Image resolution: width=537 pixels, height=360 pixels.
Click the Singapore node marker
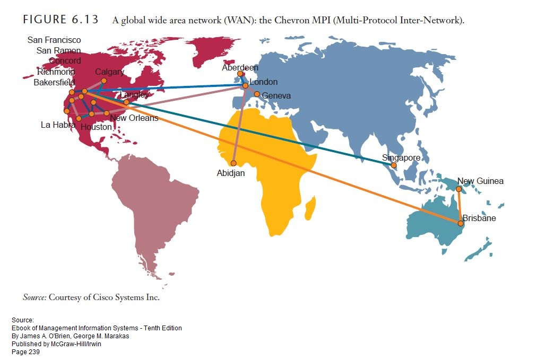point(394,165)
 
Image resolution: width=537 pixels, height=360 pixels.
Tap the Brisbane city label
point(479,218)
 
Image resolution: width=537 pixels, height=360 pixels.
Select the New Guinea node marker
point(458,189)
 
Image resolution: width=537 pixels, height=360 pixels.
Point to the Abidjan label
point(231,173)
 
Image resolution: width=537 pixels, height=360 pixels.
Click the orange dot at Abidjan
point(233,163)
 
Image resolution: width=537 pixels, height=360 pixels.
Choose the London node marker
point(245,85)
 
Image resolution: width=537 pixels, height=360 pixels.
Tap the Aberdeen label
point(240,68)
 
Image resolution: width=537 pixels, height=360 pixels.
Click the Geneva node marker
point(257,94)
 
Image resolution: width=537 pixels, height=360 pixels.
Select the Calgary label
point(110,72)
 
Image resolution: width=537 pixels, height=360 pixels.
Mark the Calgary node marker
point(104,81)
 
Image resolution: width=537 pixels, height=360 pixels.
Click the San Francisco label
point(54,40)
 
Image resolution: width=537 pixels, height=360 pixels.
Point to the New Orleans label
point(134,118)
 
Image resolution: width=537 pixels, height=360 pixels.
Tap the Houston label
point(96,127)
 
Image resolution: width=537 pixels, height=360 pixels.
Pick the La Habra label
point(58,125)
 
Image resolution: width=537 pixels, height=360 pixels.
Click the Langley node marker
point(126,102)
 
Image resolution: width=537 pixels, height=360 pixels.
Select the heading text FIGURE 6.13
point(60,20)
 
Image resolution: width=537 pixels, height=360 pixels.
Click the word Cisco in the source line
point(103,297)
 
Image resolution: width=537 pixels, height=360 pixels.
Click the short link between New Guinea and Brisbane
point(460,206)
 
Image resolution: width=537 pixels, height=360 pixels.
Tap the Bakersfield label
point(54,83)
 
